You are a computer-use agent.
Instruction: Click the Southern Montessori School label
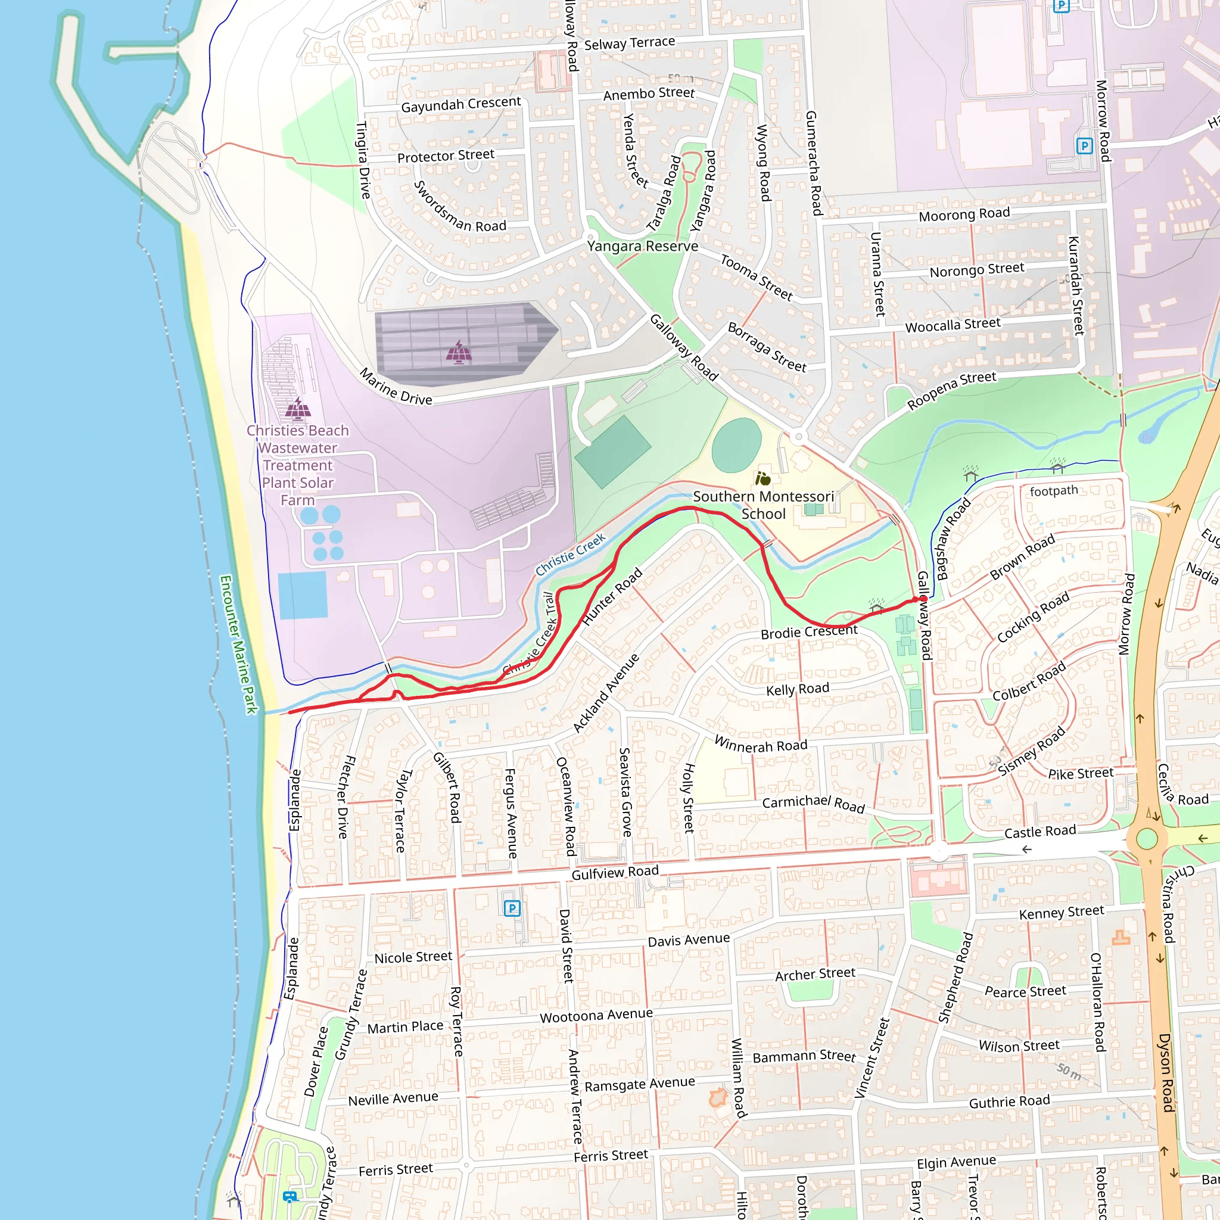coord(764,505)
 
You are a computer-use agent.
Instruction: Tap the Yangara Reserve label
coord(642,245)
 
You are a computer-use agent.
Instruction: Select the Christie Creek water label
coord(570,554)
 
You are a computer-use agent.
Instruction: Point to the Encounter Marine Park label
coord(238,644)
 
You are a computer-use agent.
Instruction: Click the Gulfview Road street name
coord(615,873)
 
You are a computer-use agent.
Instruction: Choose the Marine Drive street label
coord(396,387)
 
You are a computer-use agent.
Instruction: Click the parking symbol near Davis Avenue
coord(512,908)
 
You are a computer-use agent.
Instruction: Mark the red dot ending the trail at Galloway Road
coord(923,599)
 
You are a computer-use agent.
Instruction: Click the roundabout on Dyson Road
coord(1147,839)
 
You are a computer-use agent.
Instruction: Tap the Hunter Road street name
coord(612,596)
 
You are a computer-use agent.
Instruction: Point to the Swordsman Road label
coord(459,207)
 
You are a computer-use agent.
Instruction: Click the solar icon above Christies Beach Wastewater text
coord(297,409)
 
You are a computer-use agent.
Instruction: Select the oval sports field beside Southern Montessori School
coord(736,445)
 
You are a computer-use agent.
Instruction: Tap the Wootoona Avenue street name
coord(596,1016)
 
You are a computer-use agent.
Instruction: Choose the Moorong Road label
coord(964,214)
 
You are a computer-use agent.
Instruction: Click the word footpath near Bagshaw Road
coord(1053,491)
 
